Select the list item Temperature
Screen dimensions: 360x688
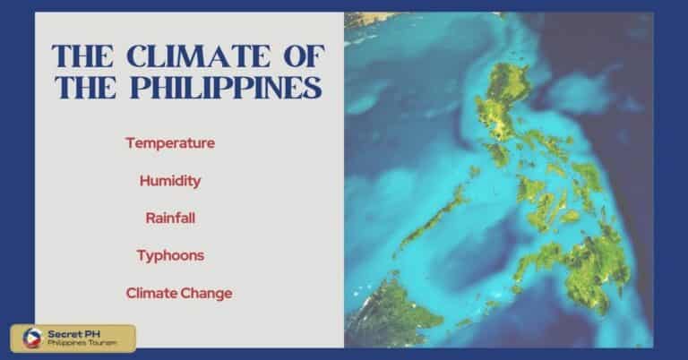tap(170, 142)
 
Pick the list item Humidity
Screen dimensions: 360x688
tap(170, 180)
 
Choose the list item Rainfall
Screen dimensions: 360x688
tap(170, 218)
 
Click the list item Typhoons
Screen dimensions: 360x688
tap(170, 255)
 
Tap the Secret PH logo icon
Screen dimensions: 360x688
tap(24, 338)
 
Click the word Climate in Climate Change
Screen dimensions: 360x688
tap(148, 293)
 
